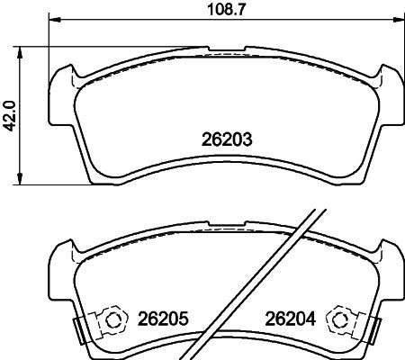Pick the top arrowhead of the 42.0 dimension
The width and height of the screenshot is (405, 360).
point(22,47)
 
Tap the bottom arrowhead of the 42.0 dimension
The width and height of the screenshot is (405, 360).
point(22,181)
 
